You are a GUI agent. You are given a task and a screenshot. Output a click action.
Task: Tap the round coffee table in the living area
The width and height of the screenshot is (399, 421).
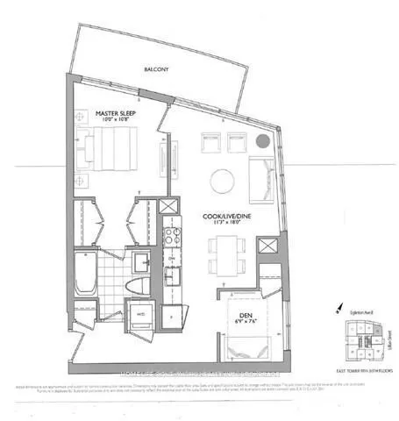click(x=222, y=181)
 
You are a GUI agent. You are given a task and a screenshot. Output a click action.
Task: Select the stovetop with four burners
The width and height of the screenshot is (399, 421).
click(x=170, y=237)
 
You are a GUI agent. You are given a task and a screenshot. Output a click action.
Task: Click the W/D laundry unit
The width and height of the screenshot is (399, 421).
click(x=139, y=316)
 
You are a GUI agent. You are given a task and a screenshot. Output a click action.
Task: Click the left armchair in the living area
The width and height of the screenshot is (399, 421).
click(x=210, y=141)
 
